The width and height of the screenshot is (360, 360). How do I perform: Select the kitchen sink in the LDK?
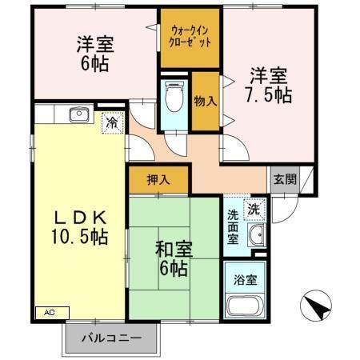click(x=80, y=114)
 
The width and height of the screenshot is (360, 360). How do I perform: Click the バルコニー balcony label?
click(x=112, y=338)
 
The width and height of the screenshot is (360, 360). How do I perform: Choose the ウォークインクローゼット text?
click(x=190, y=38)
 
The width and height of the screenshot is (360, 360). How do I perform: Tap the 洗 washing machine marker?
click(x=253, y=209)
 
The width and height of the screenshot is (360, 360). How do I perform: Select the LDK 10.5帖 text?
click(x=71, y=226)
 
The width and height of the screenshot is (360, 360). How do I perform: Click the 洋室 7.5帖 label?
click(x=267, y=86)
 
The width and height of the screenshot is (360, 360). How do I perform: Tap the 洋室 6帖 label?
click(x=95, y=54)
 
